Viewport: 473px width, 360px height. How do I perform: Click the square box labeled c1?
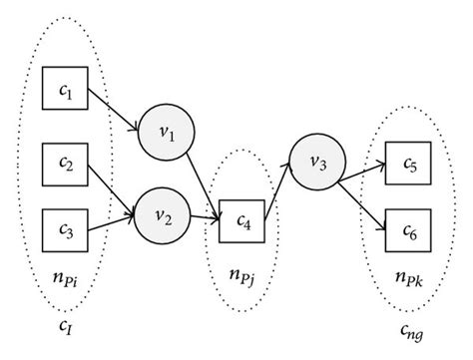(65, 92)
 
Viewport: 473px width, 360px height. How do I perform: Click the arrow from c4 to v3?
(279, 191)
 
